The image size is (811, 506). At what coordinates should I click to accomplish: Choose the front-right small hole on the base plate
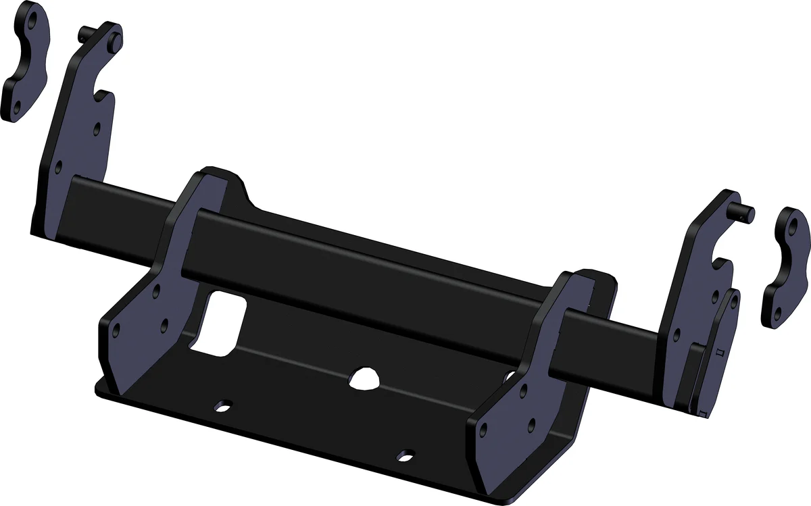click(405, 455)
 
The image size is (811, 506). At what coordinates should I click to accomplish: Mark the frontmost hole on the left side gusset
click(116, 332)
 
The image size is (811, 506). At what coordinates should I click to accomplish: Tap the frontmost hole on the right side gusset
click(484, 431)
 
